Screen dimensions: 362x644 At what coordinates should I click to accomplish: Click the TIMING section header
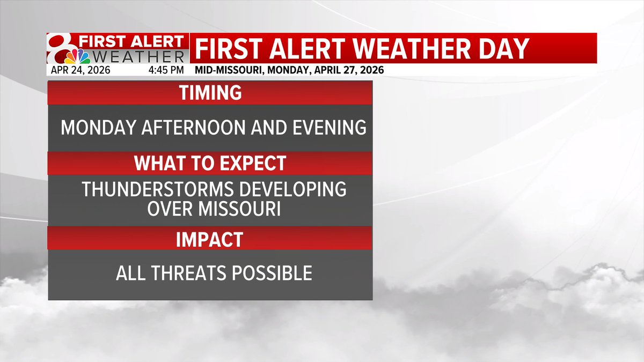210,93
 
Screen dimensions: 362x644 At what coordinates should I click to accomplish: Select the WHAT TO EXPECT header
210,163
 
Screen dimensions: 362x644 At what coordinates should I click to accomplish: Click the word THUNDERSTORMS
154,189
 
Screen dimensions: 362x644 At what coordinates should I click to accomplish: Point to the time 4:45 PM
166,70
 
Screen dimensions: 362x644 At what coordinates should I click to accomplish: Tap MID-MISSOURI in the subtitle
224,70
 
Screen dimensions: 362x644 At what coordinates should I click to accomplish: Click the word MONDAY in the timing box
96,128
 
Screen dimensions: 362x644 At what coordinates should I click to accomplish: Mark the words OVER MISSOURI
214,209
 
